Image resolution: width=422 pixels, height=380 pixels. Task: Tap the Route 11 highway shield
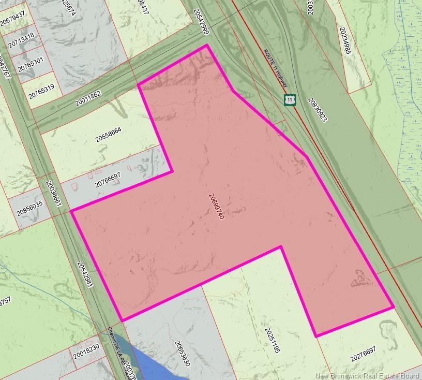coord(291,99)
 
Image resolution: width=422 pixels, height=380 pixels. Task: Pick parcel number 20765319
coord(41,92)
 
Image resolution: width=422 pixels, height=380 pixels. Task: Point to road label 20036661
coord(54,194)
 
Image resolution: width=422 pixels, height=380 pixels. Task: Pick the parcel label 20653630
coord(183,354)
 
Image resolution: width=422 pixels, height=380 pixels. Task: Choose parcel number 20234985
coord(346,41)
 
